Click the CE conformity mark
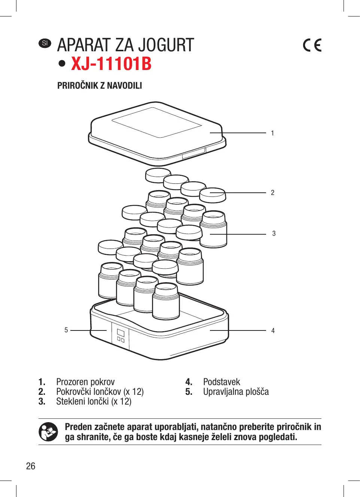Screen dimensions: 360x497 (x=312, y=45)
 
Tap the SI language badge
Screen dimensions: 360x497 (x=45, y=43)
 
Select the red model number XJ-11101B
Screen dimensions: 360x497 (x=111, y=64)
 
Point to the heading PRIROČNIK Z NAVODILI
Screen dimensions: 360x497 (x=100, y=86)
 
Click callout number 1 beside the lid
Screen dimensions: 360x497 (x=272, y=133)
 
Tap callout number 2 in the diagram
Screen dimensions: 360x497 (x=272, y=193)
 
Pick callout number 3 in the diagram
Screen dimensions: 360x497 (x=274, y=234)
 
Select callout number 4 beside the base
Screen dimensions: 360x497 (x=273, y=331)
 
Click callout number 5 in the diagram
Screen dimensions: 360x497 (x=66, y=330)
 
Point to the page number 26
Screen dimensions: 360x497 (x=31, y=466)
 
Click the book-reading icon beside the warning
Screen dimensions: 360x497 (x=48, y=432)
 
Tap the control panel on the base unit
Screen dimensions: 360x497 (x=120, y=335)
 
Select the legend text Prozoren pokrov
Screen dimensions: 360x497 (x=85, y=382)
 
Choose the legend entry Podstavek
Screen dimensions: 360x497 (x=222, y=382)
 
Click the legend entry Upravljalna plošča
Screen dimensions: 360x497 (x=236, y=392)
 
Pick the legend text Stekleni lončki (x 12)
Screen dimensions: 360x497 (x=94, y=402)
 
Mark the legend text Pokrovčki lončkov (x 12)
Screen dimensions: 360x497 (x=100, y=392)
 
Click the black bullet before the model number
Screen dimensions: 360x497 (x=62, y=64)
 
